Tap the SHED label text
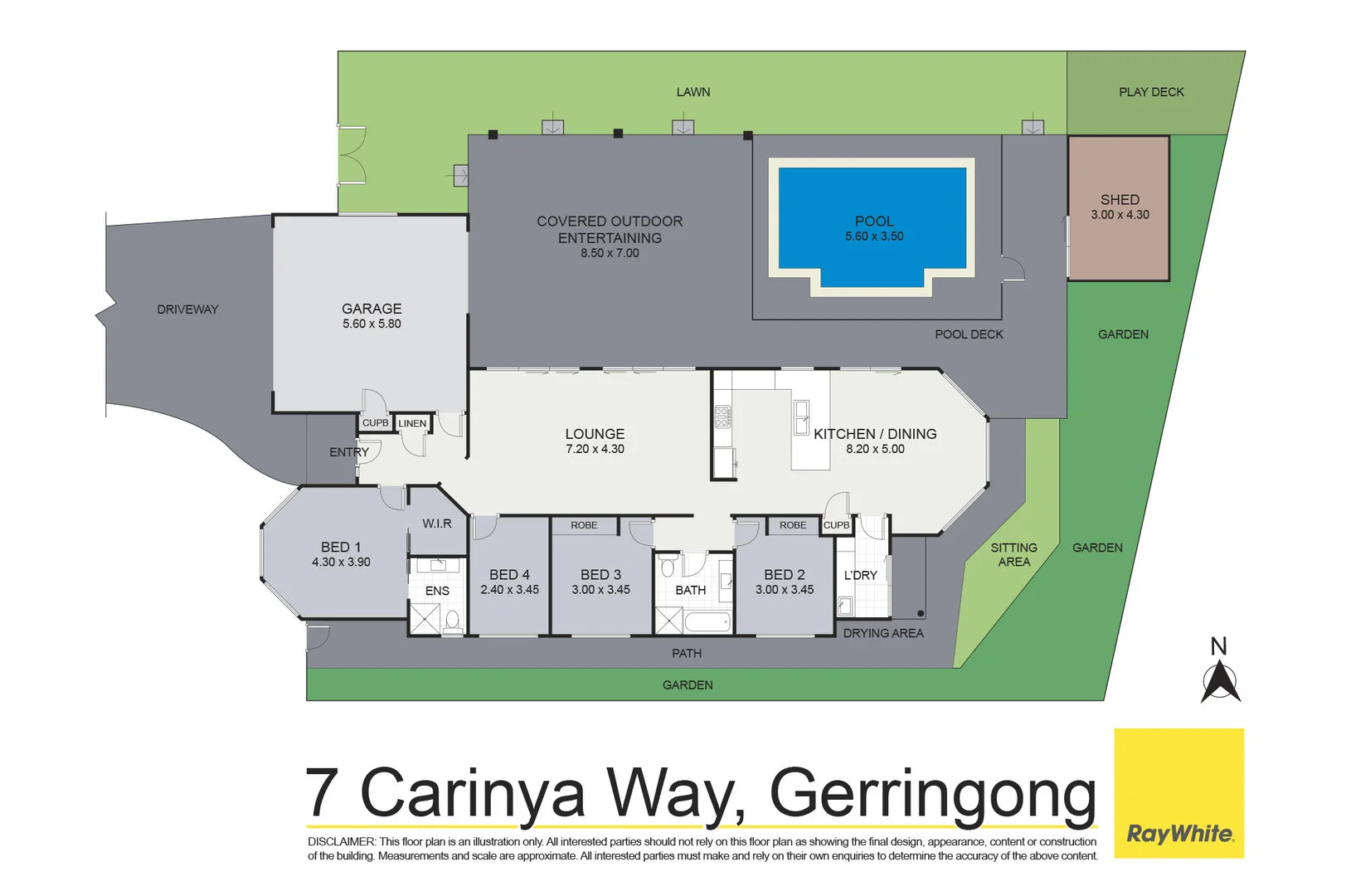coord(1120,200)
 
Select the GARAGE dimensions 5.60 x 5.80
coord(372,324)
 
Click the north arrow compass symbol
coord(1220,683)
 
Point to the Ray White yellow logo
coord(1178,792)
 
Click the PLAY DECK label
coord(1151,92)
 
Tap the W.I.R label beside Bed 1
coord(437,523)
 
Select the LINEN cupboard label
coord(412,424)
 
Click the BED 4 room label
coord(509,575)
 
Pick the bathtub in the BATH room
coord(707,621)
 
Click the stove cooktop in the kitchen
coord(722,416)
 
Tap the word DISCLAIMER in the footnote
coord(341,841)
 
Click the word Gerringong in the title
coord(933,794)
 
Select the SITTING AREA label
coord(1013,554)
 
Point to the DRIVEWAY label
coord(187,309)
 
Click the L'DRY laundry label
coord(860,575)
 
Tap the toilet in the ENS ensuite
coord(453,620)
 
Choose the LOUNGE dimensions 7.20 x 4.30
coord(595,449)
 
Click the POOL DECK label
coord(969,334)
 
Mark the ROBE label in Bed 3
coord(584,525)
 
